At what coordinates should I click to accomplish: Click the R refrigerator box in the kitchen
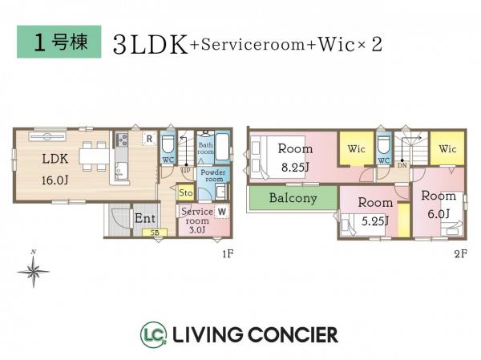click(x=148, y=139)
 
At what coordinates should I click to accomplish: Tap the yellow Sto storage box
click(x=185, y=192)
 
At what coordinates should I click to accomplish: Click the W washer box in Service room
click(x=221, y=212)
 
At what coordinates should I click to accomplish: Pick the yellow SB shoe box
click(x=155, y=233)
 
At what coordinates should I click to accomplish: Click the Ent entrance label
click(x=145, y=217)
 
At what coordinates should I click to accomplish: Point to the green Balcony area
click(x=293, y=198)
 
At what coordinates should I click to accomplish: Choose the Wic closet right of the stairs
click(x=447, y=148)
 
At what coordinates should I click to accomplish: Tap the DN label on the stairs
click(x=402, y=164)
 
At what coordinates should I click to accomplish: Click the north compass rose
click(x=33, y=273)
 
